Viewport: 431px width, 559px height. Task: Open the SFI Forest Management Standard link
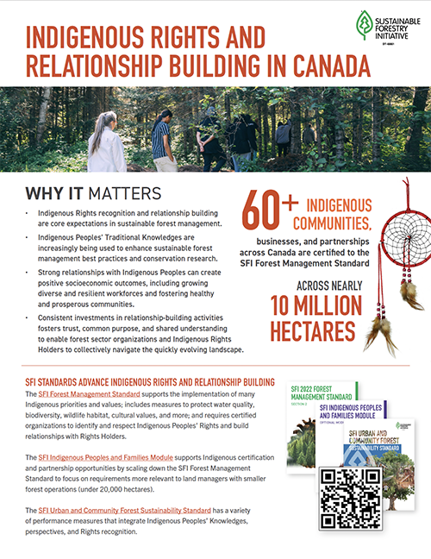click(x=91, y=394)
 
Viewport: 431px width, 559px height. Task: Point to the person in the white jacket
click(x=105, y=145)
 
